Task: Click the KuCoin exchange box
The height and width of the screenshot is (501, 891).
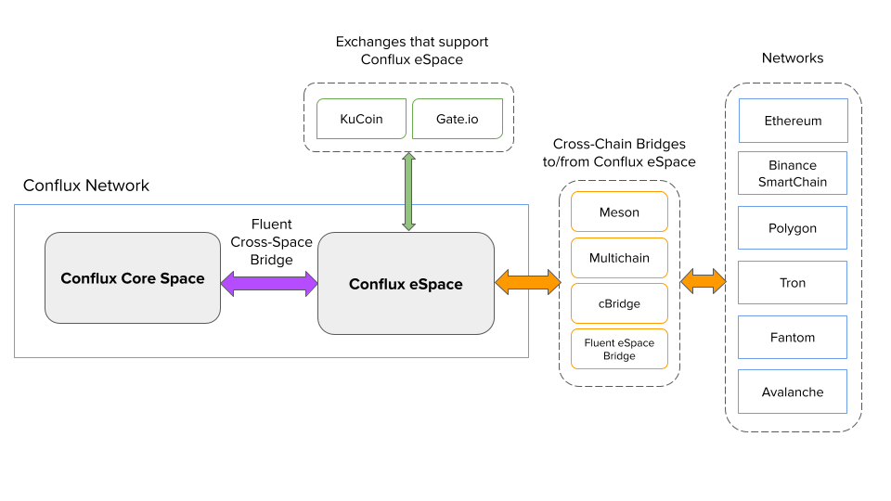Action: [x=361, y=119]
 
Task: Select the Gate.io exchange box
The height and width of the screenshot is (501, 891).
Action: [x=457, y=119]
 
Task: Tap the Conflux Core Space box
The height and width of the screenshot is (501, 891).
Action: [x=133, y=278]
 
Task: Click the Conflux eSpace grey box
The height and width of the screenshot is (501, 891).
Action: [x=406, y=284]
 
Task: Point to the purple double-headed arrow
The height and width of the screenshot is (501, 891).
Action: [x=269, y=283]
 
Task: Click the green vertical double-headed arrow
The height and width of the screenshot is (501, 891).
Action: [x=408, y=192]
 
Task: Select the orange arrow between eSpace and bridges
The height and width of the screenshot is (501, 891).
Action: [x=528, y=282]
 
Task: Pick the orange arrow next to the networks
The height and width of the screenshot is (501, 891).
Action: [x=704, y=281]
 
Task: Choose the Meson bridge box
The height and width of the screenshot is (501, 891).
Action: [x=619, y=212]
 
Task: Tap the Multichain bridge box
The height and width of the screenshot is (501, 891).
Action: [x=619, y=258]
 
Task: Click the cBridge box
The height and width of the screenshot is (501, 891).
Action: [x=619, y=303]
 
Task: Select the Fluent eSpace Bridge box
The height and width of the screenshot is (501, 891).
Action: [x=619, y=349]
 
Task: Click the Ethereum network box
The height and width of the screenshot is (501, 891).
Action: [x=793, y=121]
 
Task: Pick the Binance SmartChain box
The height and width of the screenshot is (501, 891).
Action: [x=793, y=173]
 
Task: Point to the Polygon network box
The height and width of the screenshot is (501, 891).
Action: [x=793, y=228]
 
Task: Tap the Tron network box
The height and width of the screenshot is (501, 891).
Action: [x=793, y=283]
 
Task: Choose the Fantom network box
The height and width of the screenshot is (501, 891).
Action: [x=793, y=338]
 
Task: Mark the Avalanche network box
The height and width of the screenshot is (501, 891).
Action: [x=793, y=392]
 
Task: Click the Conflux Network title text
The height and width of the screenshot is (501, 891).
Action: [x=86, y=186]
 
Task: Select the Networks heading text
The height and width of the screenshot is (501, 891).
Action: [x=793, y=58]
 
